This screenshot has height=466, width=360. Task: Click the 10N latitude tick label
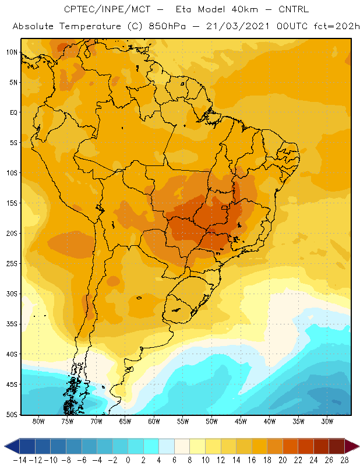click(x=12, y=52)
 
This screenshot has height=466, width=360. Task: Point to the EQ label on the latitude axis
click(x=13, y=112)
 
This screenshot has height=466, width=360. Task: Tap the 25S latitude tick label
click(x=12, y=264)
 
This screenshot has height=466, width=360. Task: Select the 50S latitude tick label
click(x=12, y=414)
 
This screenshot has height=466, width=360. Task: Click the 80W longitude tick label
click(x=38, y=421)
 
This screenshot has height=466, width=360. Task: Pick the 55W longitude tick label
click(x=183, y=421)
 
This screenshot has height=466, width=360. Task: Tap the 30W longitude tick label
click(x=327, y=421)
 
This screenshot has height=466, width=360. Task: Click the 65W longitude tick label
click(x=125, y=421)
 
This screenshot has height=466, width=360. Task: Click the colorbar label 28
click(x=344, y=460)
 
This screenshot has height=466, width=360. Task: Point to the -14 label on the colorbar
click(x=20, y=460)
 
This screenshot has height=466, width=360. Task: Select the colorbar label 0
click(x=128, y=460)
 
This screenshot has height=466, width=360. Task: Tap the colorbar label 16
click(x=252, y=460)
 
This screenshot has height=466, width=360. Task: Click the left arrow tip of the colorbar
click(x=5, y=446)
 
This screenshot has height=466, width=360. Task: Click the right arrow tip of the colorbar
click(x=359, y=446)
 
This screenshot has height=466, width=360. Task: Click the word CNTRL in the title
click(x=294, y=9)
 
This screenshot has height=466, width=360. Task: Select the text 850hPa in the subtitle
click(x=167, y=26)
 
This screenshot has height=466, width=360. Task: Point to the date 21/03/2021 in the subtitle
click(x=238, y=26)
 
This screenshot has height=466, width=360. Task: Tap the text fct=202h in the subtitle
click(x=337, y=26)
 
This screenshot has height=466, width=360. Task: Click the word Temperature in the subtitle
click(x=90, y=27)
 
